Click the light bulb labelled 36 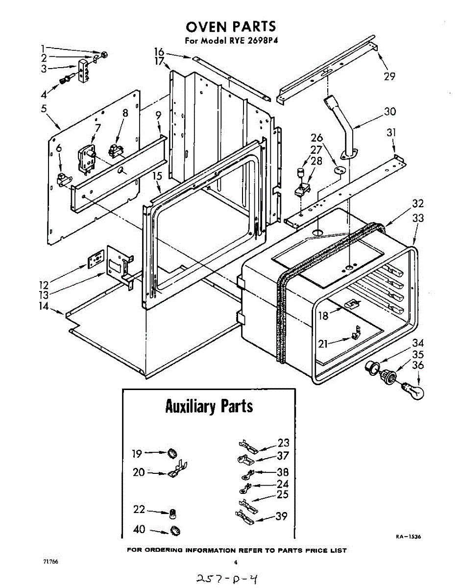pos(413,391)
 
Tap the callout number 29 pos(390,76)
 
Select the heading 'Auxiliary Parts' pos(209,406)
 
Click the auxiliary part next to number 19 pos(172,453)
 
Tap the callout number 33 pos(418,219)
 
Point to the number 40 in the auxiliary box pos(140,529)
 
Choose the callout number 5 pos(44,108)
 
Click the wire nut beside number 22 pos(172,514)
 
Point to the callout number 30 pos(390,112)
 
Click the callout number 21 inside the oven pos(323,344)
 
